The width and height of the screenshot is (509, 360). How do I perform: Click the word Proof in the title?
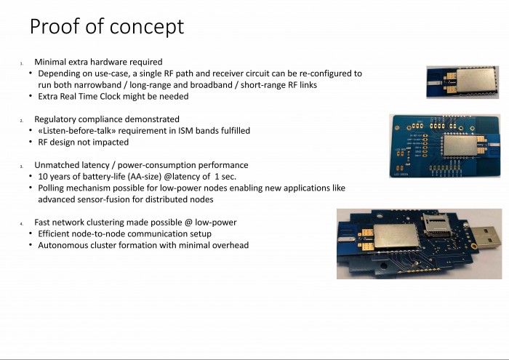[55, 26]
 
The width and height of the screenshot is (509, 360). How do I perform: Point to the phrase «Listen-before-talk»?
[77, 130]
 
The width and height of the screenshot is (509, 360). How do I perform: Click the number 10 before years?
[43, 177]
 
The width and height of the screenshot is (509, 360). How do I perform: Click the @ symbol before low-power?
[188, 223]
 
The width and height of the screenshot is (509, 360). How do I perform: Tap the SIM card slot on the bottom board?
[436, 224]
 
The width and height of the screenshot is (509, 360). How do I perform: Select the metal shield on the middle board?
[460, 146]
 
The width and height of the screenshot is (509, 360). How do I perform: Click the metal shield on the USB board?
[395, 236]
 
